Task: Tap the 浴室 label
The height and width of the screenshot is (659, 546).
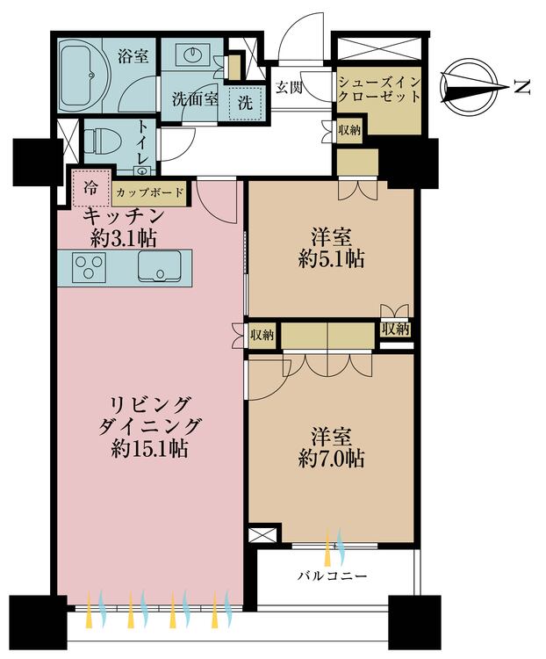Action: click(x=133, y=56)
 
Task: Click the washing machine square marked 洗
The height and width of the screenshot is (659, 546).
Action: click(x=245, y=103)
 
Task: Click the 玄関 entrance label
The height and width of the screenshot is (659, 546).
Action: click(x=289, y=87)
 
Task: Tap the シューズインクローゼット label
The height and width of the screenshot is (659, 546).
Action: click(x=379, y=89)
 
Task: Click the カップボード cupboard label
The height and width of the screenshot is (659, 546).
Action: click(x=150, y=193)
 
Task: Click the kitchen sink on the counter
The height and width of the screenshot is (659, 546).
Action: click(x=160, y=266)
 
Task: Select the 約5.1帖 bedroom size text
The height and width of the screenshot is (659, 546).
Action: click(x=331, y=259)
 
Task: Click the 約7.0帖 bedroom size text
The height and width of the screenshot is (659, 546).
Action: click(x=331, y=459)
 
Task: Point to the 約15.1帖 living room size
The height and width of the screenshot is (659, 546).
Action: click(x=150, y=449)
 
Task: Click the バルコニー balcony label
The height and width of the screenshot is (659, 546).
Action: click(x=332, y=575)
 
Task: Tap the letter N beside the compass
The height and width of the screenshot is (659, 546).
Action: click(x=522, y=87)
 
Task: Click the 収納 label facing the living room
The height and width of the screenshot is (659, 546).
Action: click(x=262, y=335)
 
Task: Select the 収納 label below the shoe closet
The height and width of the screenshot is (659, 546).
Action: click(x=349, y=130)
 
